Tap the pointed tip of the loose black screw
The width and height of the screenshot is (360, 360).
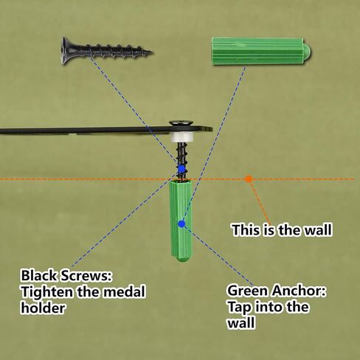[x=152, y=52]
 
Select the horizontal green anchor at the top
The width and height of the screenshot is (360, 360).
[x=261, y=51]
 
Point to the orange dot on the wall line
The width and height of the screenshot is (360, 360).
[x=249, y=179]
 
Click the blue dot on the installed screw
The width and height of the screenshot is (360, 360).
[x=181, y=169]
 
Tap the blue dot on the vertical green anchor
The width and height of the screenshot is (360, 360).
[x=181, y=224]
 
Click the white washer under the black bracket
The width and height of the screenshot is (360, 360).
[x=182, y=138]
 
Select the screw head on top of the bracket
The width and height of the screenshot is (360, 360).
[x=181, y=123]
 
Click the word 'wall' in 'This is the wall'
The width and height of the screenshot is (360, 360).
[x=319, y=230]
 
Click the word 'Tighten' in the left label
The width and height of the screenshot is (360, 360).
[x=47, y=292]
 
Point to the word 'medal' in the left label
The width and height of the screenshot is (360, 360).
[x=124, y=292]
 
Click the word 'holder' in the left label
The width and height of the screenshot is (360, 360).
[x=43, y=308]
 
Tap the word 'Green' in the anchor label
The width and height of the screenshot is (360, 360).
[x=248, y=291]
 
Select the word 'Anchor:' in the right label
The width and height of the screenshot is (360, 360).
[x=299, y=291]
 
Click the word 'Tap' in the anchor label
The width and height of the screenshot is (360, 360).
[x=240, y=308]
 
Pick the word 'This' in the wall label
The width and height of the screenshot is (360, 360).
[x=246, y=230]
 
